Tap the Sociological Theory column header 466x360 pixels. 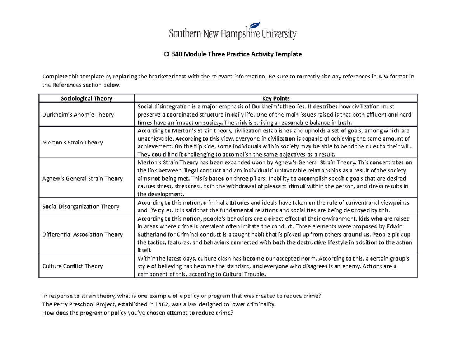87,98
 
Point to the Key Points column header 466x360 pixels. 275,98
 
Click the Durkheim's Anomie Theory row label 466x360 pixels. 78,114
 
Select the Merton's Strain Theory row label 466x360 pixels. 73,143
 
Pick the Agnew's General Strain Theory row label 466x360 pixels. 82,178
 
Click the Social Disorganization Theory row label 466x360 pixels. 80,206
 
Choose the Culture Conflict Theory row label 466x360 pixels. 73,266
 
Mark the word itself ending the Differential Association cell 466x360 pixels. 143,250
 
